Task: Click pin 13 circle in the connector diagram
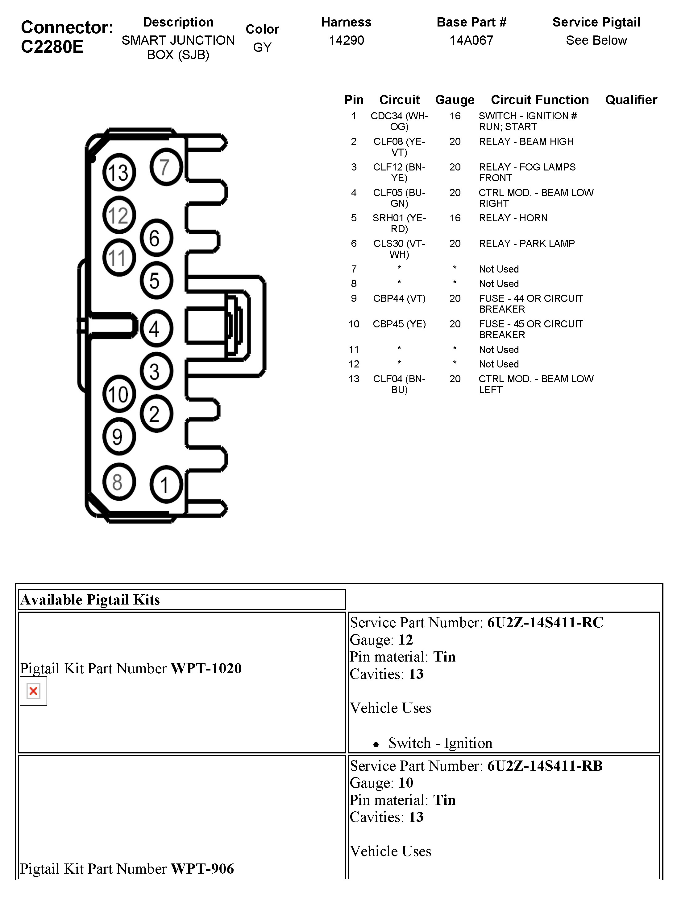[118, 172]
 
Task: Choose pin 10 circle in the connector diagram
[118, 394]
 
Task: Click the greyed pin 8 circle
[118, 482]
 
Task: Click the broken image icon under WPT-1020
[33, 691]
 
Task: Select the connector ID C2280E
[52, 47]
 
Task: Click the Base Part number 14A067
[471, 40]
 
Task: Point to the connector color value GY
[262, 47]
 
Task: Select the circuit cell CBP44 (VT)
[399, 298]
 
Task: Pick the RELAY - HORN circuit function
[513, 218]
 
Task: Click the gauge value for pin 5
[455, 218]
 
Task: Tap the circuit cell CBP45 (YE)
[399, 324]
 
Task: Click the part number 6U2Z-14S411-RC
[545, 622]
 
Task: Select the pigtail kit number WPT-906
[202, 869]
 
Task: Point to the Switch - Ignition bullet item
[440, 743]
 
